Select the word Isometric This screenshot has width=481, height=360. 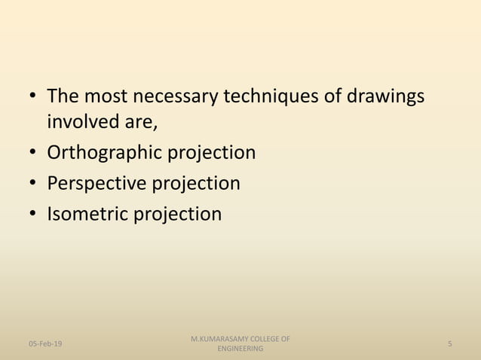click(x=87, y=215)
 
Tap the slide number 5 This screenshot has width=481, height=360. click(x=449, y=343)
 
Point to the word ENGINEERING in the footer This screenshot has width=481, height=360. click(x=240, y=349)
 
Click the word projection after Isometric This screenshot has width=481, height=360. click(x=178, y=215)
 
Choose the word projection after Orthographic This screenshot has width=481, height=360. click(x=211, y=153)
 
